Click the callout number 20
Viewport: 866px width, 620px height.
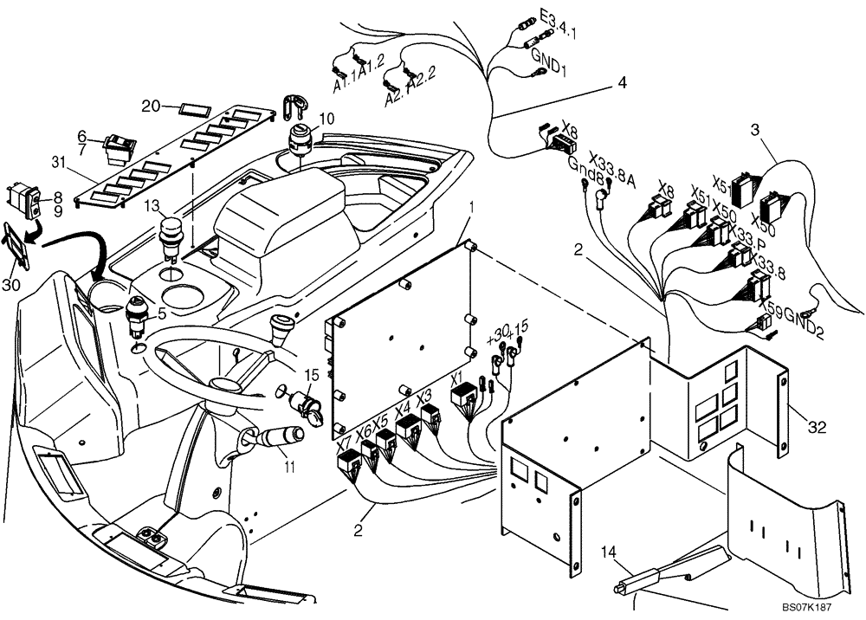tap(151, 106)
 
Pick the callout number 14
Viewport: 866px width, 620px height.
tap(610, 551)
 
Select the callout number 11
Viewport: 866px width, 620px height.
tap(288, 468)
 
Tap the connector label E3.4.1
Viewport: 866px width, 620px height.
tap(559, 23)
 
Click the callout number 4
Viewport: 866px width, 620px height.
tap(622, 84)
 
